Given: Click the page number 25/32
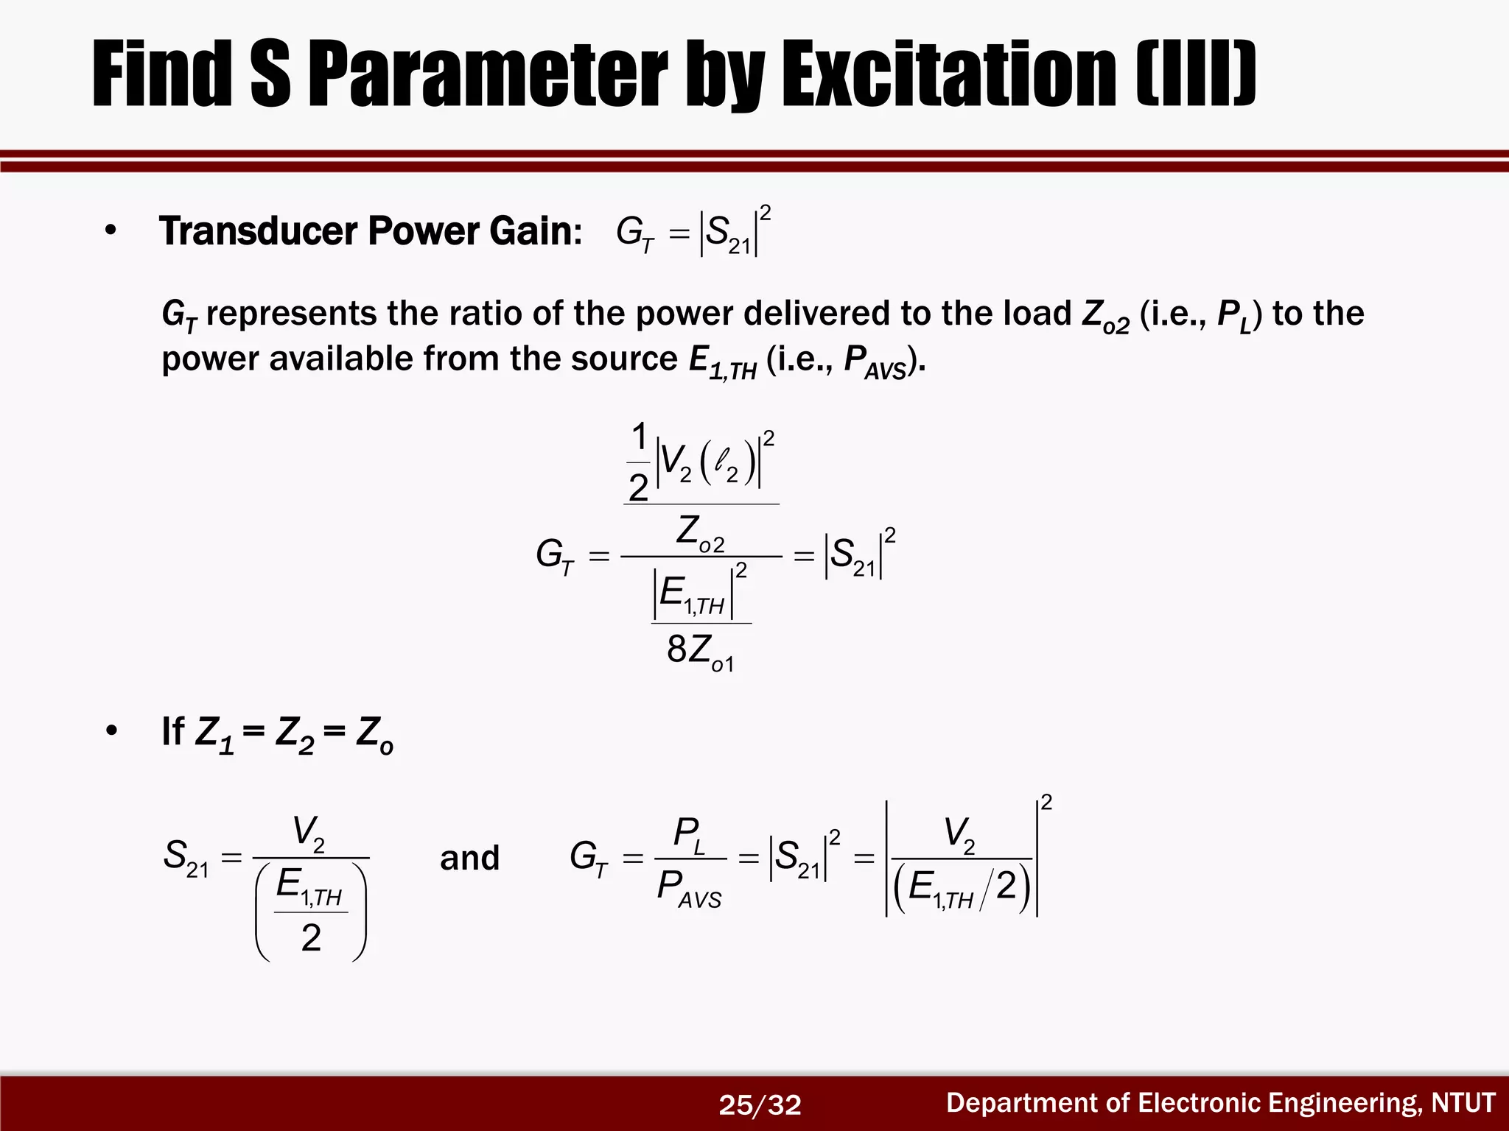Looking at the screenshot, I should (x=760, y=1104).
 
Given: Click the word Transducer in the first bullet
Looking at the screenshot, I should (x=258, y=231).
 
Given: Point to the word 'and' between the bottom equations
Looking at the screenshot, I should (x=469, y=859).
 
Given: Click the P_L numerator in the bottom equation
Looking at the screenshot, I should (x=689, y=835).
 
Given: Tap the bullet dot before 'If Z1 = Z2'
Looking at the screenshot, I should (x=111, y=732).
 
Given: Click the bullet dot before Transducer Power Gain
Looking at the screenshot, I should (x=111, y=231).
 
